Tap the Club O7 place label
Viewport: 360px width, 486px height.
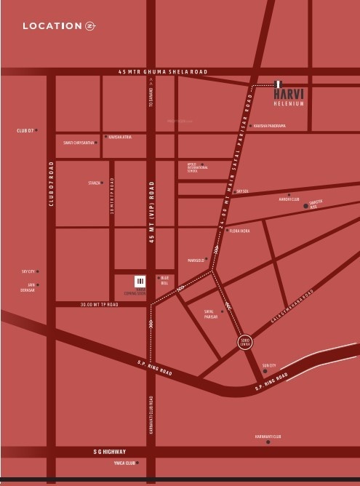tap(25, 130)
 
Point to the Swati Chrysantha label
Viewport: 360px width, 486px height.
tap(79, 143)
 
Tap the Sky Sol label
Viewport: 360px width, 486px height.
tap(243, 191)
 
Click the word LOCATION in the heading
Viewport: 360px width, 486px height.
tap(52, 26)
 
